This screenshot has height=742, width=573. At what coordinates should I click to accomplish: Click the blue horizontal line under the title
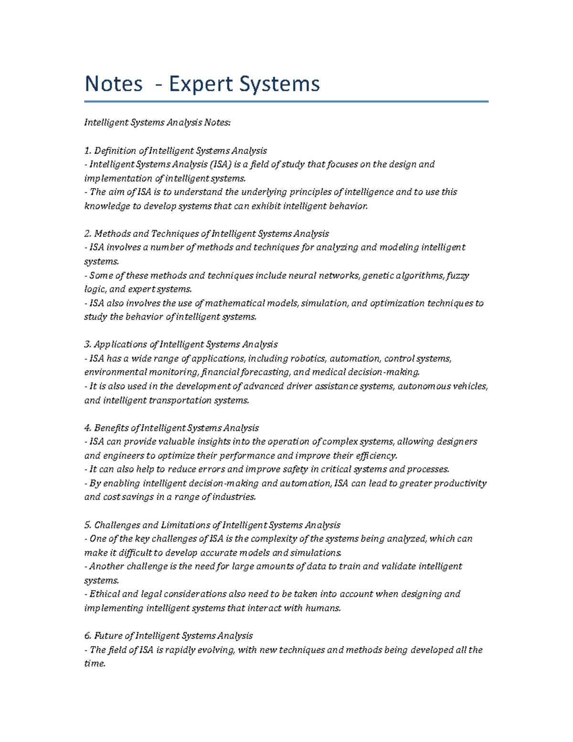[x=286, y=101]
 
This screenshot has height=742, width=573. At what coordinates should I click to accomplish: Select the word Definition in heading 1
[x=115, y=151]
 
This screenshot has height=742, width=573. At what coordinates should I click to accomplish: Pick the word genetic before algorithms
[x=378, y=276]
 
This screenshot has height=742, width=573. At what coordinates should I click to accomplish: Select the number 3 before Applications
[x=87, y=344]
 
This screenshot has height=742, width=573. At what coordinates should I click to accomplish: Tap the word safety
[x=295, y=469]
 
